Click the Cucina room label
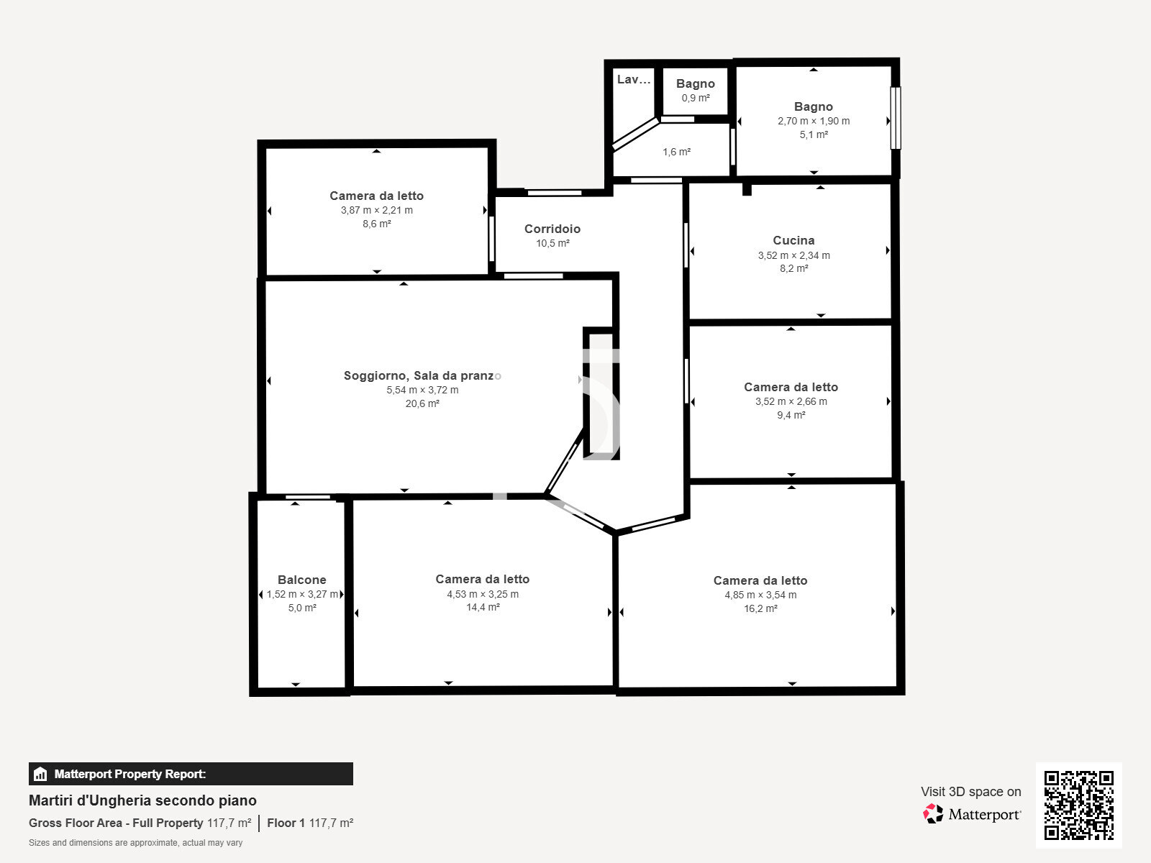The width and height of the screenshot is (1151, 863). pyautogui.click(x=793, y=240)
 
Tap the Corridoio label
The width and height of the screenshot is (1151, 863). pyautogui.click(x=552, y=229)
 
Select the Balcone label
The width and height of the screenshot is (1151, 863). pyautogui.click(x=302, y=580)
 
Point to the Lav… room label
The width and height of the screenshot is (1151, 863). pyautogui.click(x=634, y=79)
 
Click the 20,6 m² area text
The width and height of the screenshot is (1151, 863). pyautogui.click(x=422, y=403)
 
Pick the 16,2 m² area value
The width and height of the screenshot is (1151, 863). pyautogui.click(x=760, y=608)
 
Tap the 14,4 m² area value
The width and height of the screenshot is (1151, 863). pyautogui.click(x=483, y=607)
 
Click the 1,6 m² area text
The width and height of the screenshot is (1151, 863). pyautogui.click(x=676, y=152)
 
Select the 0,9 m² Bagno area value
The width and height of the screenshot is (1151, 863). pyautogui.click(x=696, y=98)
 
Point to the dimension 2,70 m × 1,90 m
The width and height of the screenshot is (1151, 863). pyautogui.click(x=814, y=121)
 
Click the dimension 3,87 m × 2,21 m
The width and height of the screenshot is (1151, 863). pyautogui.click(x=376, y=210)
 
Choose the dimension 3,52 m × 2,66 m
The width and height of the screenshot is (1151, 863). pyautogui.click(x=791, y=401)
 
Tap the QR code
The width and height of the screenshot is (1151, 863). pyautogui.click(x=1078, y=805)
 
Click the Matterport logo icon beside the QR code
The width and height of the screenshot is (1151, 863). pyautogui.click(x=933, y=814)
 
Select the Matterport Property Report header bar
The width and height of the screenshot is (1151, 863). pyautogui.click(x=191, y=774)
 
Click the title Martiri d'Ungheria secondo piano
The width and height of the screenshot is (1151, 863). pyautogui.click(x=142, y=800)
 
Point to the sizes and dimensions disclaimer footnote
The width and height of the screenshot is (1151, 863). pyautogui.click(x=135, y=843)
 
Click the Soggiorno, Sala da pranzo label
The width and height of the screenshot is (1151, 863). pyautogui.click(x=422, y=375)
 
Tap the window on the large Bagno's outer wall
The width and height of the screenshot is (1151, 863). pyautogui.click(x=896, y=118)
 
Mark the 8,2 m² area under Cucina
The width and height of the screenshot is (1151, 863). pyautogui.click(x=793, y=269)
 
